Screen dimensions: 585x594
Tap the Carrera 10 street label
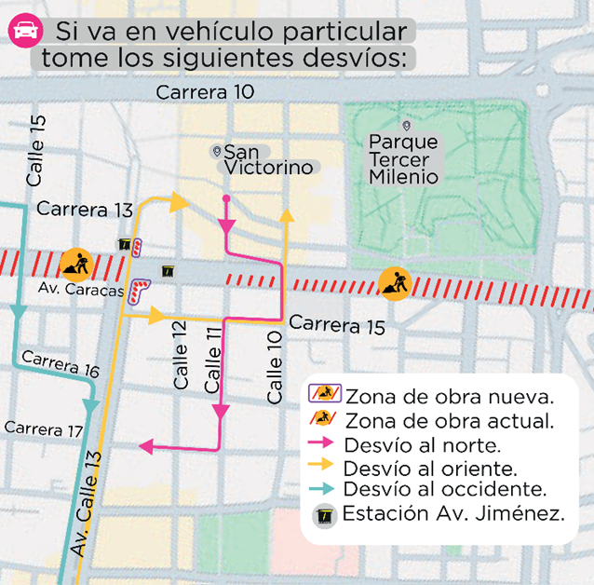point(205,91)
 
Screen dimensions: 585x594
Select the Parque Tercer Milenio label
point(403,159)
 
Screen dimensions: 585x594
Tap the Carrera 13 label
point(85,209)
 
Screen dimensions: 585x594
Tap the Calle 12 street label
point(181,355)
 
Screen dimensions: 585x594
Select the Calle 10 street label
point(275,367)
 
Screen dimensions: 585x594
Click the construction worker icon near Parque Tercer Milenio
point(395,280)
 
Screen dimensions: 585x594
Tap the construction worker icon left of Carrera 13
point(74,265)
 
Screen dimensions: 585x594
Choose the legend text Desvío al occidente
point(443,489)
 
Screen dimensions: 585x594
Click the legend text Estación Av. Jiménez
point(453,513)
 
